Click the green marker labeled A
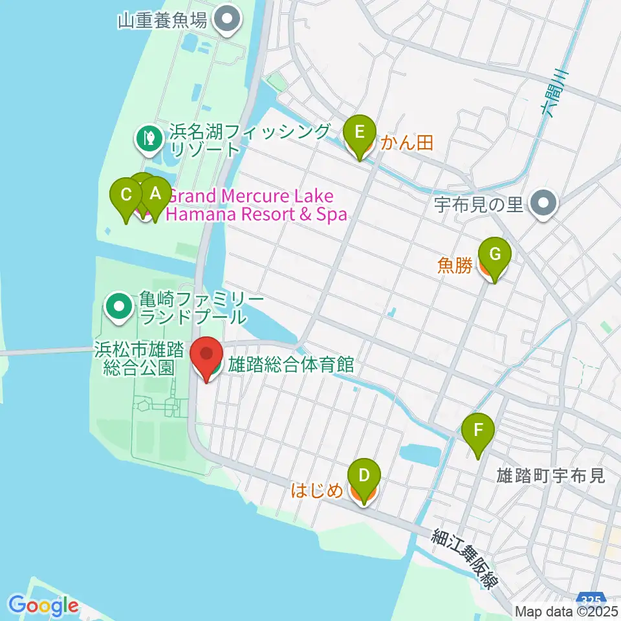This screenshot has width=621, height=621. tap(155, 193)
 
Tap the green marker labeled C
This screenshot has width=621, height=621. tap(127, 194)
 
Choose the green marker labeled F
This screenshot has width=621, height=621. tap(478, 430)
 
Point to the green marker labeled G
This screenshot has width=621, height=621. tap(494, 254)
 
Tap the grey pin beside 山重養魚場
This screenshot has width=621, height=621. tap(226, 20)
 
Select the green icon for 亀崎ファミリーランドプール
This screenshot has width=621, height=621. tap(119, 307)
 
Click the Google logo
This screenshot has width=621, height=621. tap(43, 606)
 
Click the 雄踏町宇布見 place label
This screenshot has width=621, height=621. tap(550, 476)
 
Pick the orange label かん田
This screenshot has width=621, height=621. tap(406, 142)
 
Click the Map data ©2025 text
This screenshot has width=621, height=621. tap(565, 611)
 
